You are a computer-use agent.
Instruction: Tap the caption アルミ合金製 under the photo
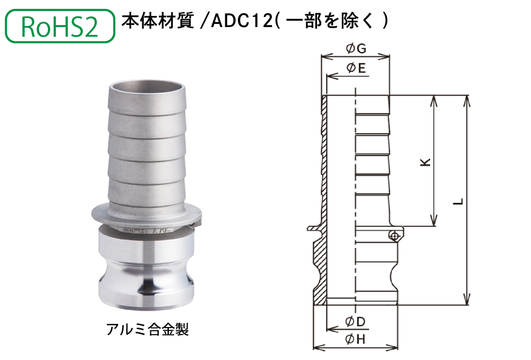pos(147,330)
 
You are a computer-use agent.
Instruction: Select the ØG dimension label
pos(356,49)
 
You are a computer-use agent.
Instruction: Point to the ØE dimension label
pos(356,68)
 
